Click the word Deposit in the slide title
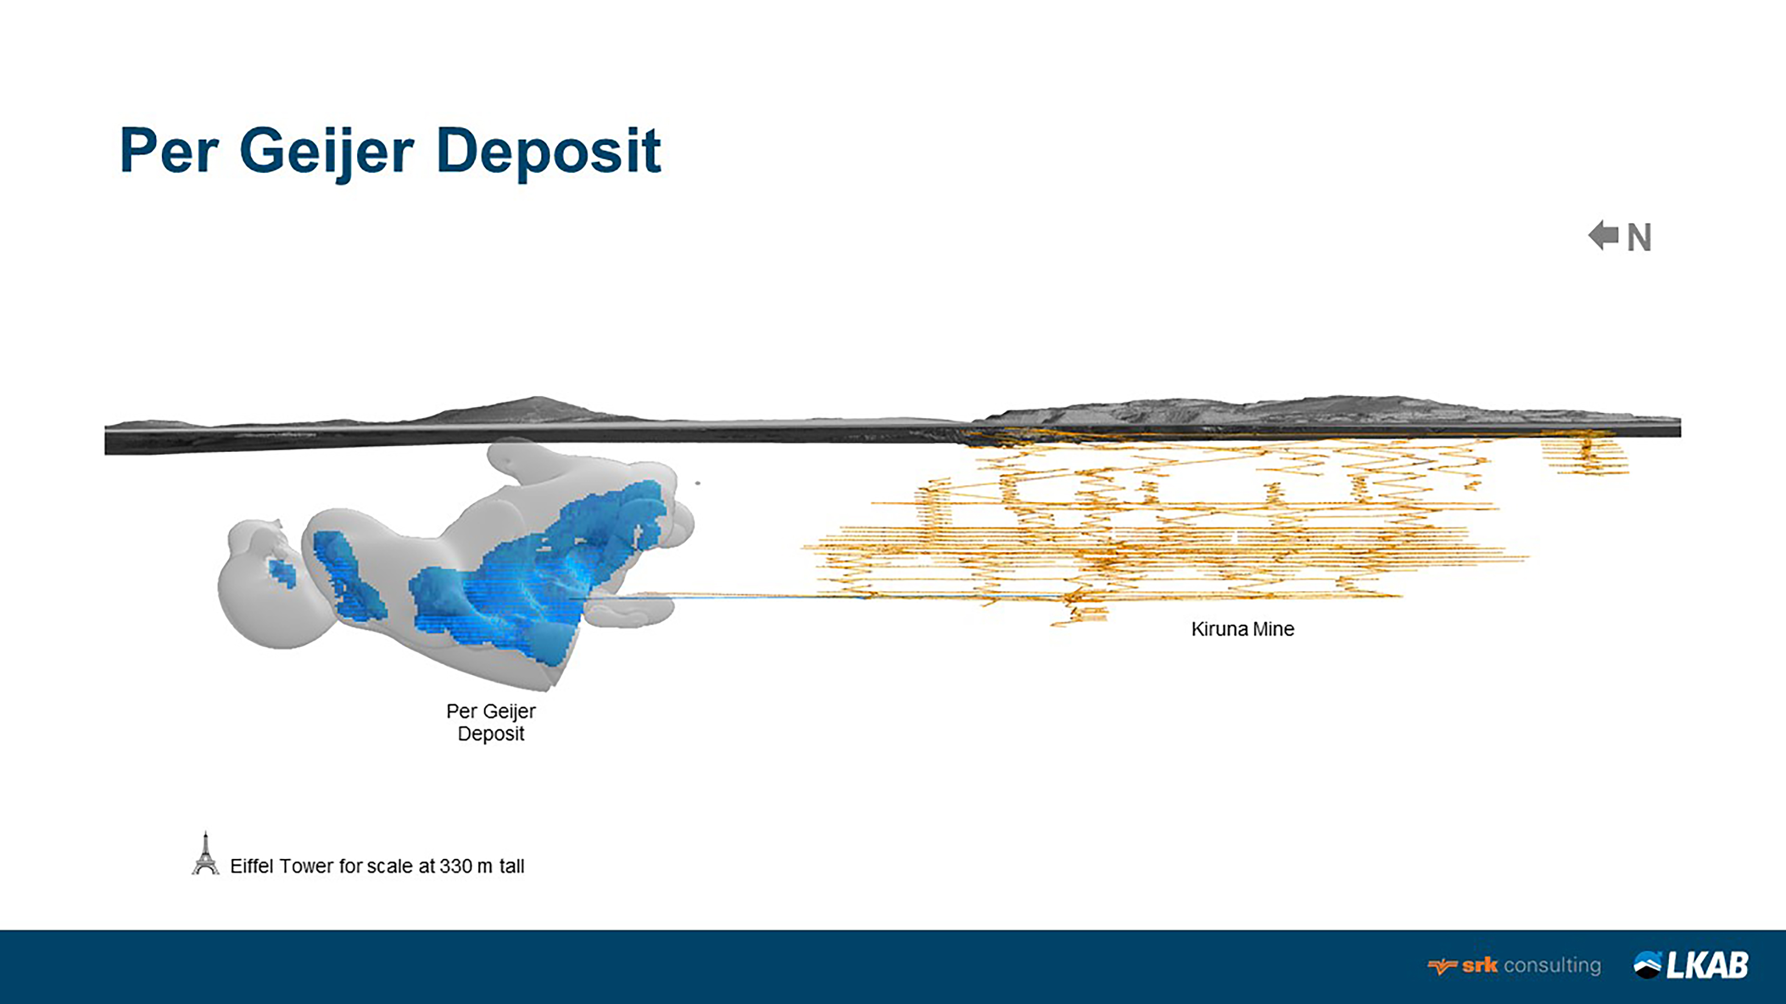(x=548, y=151)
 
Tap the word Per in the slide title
(x=169, y=151)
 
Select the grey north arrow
(x=1603, y=236)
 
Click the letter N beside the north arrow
(x=1639, y=238)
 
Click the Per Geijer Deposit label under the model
(x=491, y=722)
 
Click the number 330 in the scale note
(x=455, y=866)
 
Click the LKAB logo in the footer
(x=1692, y=965)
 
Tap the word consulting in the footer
(x=1552, y=965)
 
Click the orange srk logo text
(x=1479, y=965)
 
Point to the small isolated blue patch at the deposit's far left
(x=282, y=573)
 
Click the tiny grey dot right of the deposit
(x=697, y=483)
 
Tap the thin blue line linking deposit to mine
(x=763, y=596)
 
